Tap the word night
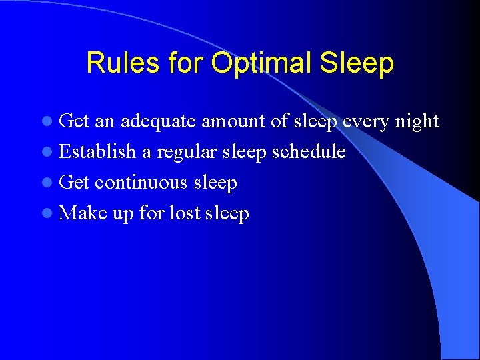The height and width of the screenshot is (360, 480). click(417, 121)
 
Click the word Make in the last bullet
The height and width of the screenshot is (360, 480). click(83, 213)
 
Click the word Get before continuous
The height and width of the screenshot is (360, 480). click(74, 183)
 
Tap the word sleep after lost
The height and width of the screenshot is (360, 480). click(227, 214)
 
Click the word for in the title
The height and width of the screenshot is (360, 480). click(185, 63)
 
